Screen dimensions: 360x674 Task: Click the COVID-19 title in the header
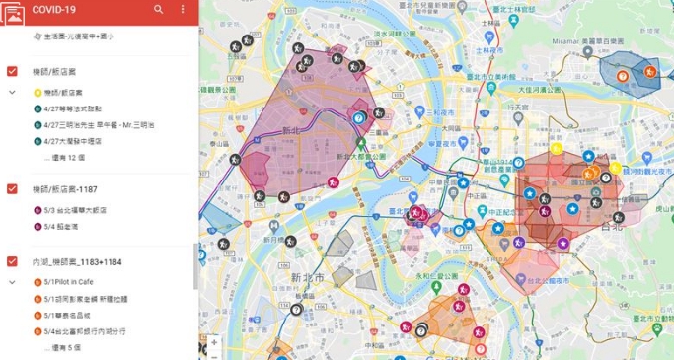53,10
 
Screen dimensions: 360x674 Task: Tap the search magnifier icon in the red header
159,10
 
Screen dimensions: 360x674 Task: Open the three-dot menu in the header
183,10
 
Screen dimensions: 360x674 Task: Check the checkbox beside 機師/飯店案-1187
12,188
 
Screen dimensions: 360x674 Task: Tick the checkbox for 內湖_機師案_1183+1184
12,261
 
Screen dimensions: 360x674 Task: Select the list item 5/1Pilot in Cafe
68,282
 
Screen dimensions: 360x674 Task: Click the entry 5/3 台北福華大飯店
75,209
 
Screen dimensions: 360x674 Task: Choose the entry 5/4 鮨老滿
58,225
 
